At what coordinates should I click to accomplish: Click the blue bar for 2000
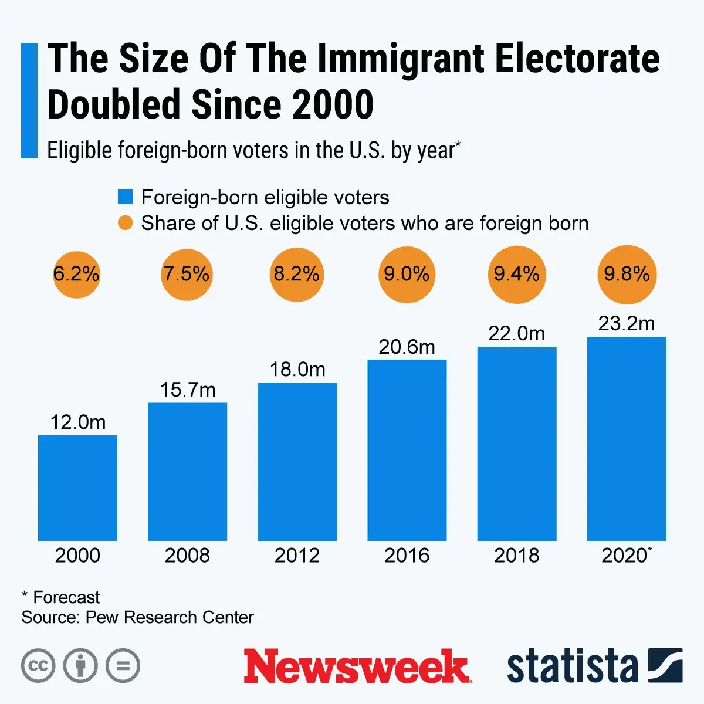tap(77, 488)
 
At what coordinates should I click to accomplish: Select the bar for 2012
tap(297, 461)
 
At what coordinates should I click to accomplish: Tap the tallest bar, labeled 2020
tap(627, 438)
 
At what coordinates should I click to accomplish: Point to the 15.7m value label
tap(188, 390)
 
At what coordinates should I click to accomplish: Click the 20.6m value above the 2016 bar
tap(407, 347)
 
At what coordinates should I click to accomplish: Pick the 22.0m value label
tap(516, 333)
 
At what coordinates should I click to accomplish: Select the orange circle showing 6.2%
tap(76, 274)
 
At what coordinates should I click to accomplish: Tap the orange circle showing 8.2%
tap(297, 274)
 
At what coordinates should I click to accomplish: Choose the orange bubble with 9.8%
tap(627, 274)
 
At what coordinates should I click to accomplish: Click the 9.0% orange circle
tap(407, 274)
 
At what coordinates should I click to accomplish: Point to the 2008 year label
tap(187, 555)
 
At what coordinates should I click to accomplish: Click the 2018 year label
tap(516, 555)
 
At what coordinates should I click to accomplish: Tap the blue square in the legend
tap(125, 197)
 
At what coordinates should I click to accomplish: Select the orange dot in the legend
tap(125, 223)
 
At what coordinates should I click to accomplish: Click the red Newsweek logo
tap(357, 666)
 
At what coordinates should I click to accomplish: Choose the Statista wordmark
tap(572, 666)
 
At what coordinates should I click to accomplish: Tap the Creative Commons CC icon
tap(38, 666)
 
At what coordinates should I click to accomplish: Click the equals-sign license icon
tap(123, 666)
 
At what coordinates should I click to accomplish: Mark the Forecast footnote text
tap(66, 597)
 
